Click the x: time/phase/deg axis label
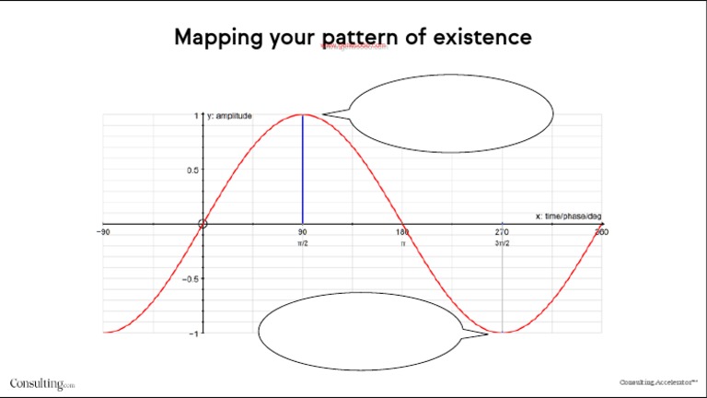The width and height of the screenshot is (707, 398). pyautogui.click(x=568, y=216)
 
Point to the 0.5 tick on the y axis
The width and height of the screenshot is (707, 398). pyautogui.click(x=191, y=170)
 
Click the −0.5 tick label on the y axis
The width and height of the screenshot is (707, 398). pyautogui.click(x=190, y=278)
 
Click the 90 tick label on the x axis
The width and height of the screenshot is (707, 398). pyautogui.click(x=302, y=232)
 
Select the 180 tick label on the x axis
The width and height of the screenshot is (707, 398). pyautogui.click(x=402, y=232)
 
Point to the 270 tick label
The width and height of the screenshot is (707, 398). pyautogui.click(x=502, y=232)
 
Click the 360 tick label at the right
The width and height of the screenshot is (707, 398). pyautogui.click(x=601, y=232)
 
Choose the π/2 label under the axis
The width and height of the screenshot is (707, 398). pyautogui.click(x=302, y=244)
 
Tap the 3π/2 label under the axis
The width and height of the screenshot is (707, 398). pyautogui.click(x=502, y=244)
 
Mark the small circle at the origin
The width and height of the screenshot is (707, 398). pyautogui.click(x=203, y=224)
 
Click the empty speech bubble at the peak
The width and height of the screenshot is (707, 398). pyautogui.click(x=451, y=113)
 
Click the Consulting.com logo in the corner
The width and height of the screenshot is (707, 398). pyautogui.click(x=42, y=383)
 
